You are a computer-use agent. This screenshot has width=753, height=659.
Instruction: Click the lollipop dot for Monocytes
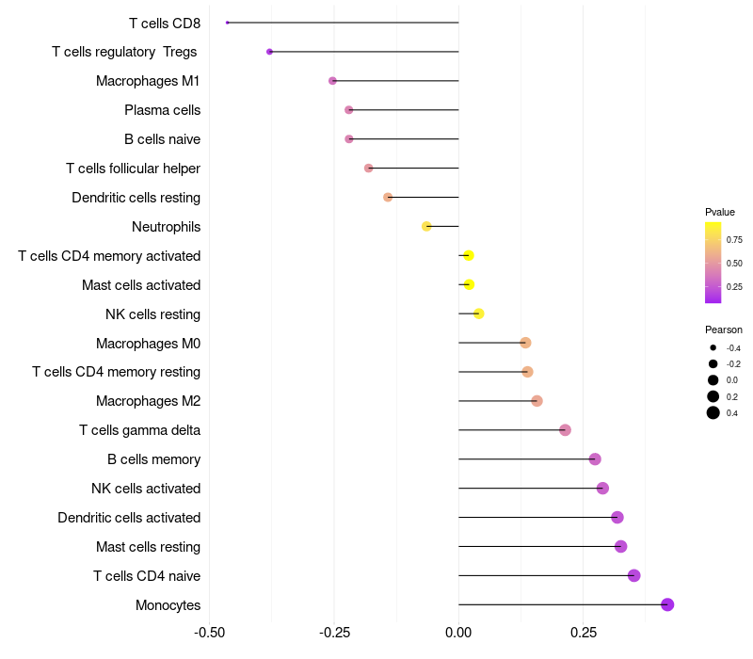tap(667, 604)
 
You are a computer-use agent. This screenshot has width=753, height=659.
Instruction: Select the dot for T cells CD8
tap(228, 23)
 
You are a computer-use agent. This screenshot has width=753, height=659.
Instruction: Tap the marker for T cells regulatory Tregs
tap(270, 52)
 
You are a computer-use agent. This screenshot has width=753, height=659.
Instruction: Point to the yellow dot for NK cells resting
tap(478, 313)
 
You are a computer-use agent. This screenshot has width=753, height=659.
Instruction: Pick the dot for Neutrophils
tap(426, 226)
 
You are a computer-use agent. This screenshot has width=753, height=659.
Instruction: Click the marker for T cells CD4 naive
tap(633, 575)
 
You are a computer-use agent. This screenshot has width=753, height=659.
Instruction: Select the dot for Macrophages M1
tap(332, 81)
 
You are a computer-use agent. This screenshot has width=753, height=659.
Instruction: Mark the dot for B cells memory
tap(595, 459)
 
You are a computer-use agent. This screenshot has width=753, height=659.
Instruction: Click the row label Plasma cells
tap(162, 110)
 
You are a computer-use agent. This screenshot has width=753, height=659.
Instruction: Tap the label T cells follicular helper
tap(133, 169)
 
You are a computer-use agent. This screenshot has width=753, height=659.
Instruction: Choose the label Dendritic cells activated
tap(129, 518)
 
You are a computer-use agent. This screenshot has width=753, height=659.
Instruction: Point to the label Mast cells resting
tap(148, 547)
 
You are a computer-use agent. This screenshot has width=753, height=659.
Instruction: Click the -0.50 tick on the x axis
tap(209, 632)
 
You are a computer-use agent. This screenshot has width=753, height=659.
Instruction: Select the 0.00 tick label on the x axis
tap(458, 632)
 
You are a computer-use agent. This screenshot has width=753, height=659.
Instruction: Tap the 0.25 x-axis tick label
tap(583, 632)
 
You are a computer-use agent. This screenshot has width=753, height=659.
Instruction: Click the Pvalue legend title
tap(720, 212)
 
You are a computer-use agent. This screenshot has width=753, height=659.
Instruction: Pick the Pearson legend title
tap(724, 329)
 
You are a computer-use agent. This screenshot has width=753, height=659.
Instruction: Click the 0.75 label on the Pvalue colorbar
tap(734, 239)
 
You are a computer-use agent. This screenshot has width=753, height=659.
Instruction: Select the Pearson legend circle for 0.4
tap(713, 412)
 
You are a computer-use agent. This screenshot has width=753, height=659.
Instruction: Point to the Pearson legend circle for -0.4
tap(713, 348)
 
